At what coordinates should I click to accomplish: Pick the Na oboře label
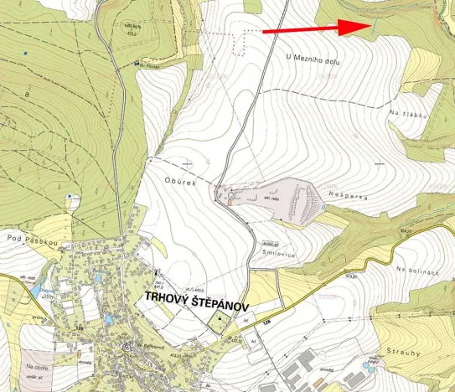[x=35, y=366]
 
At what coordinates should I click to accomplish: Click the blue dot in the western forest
[x=26, y=54]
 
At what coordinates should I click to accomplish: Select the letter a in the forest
[x=28, y=97]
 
